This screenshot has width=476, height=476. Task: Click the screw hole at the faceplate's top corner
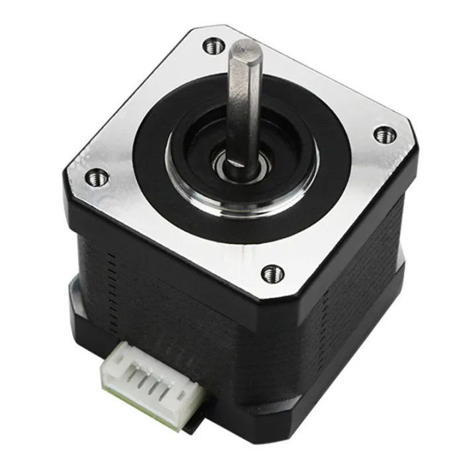pos(213,46)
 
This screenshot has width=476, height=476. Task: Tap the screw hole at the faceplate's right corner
pos(382,134)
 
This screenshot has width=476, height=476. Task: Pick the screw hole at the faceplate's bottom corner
pos(270,272)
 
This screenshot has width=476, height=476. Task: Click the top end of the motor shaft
pos(247,48)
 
